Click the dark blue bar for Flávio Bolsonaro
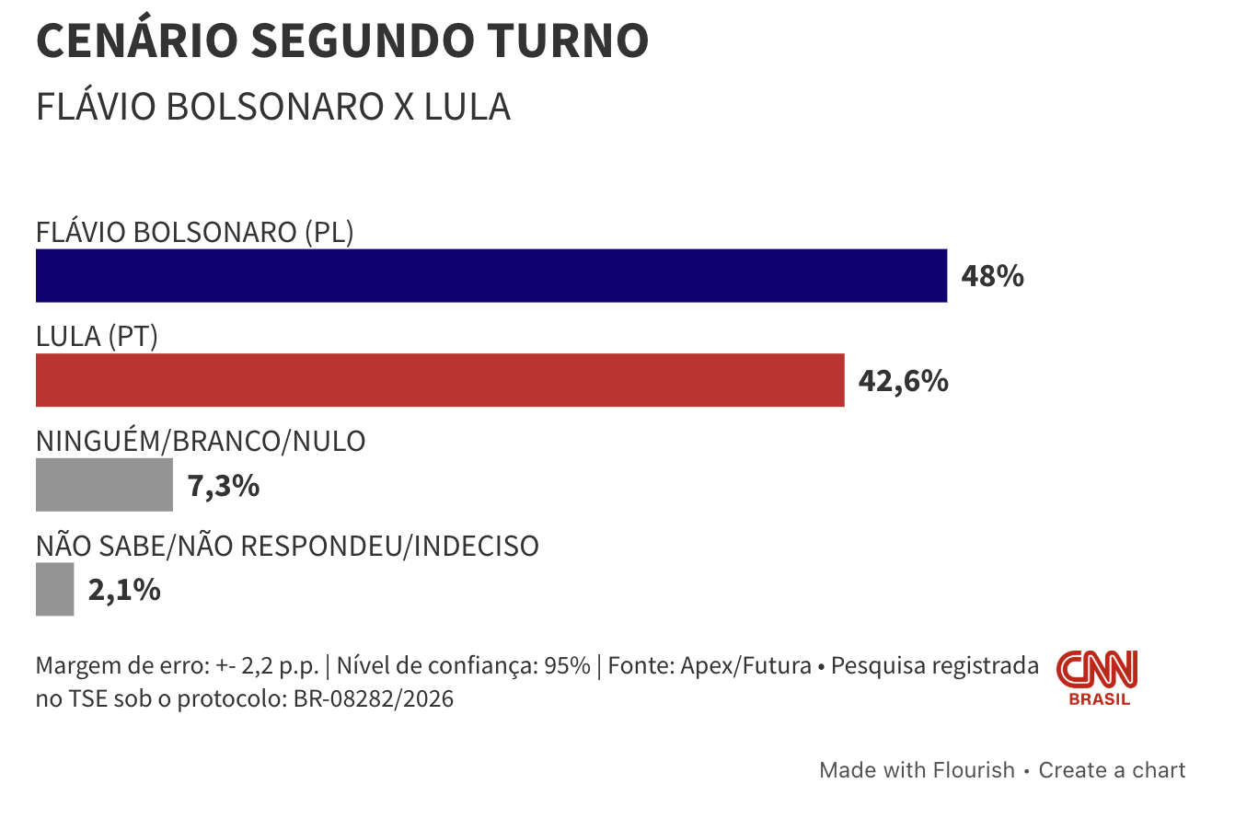[491, 275]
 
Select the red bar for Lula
[439, 380]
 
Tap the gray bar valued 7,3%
[104, 485]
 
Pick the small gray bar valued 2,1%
[54, 590]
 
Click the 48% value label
[992, 276]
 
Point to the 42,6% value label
[903, 381]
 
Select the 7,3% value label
[224, 486]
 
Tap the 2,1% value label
[124, 590]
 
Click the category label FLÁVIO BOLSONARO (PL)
[194, 232]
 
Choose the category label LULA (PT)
[97, 337]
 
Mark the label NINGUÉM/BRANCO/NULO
[201, 442]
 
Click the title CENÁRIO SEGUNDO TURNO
[342, 40]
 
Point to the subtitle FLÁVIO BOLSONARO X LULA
[272, 108]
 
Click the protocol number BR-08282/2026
[374, 699]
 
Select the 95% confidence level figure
[566, 666]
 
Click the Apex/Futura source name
[745, 666]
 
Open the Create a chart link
[1112, 770]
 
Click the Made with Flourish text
[917, 770]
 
